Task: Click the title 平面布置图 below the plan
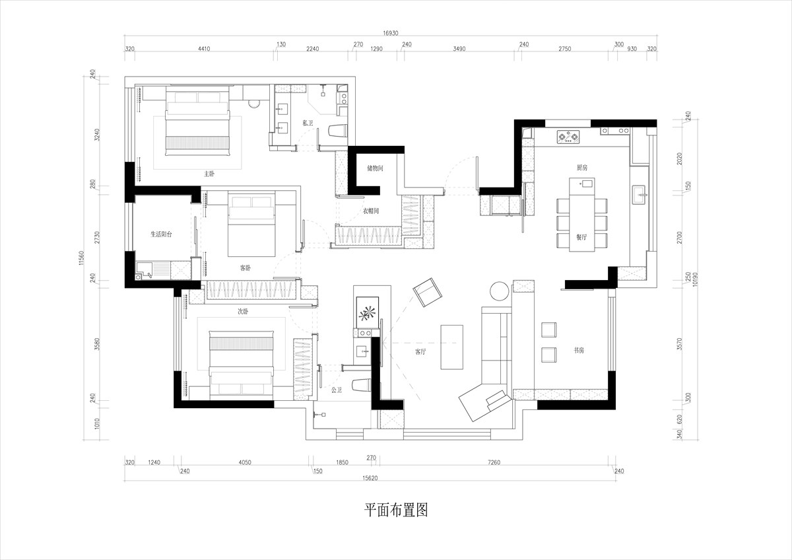[x=396, y=510]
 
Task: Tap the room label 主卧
[x=209, y=174]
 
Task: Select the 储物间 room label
[x=375, y=168]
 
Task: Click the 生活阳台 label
[x=162, y=234]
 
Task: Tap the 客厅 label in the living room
[x=420, y=352]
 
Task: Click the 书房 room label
[x=578, y=350]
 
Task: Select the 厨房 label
[x=581, y=168]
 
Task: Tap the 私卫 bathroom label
[x=308, y=123]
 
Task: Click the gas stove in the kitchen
[x=568, y=137]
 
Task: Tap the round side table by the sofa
[x=500, y=291]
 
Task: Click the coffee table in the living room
[x=451, y=347]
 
